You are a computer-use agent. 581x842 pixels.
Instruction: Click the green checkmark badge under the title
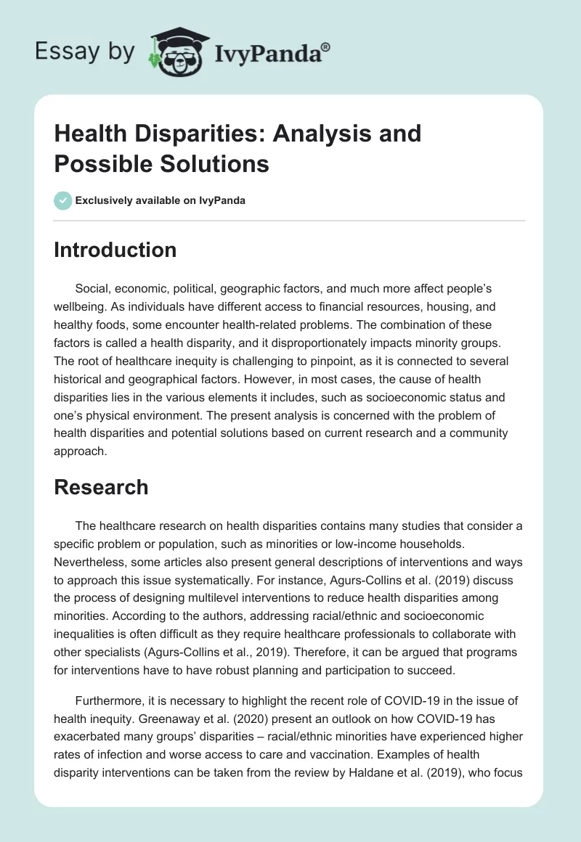62,200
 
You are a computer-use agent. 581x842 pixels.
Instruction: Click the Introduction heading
115,250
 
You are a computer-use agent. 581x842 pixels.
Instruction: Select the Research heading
101,487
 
